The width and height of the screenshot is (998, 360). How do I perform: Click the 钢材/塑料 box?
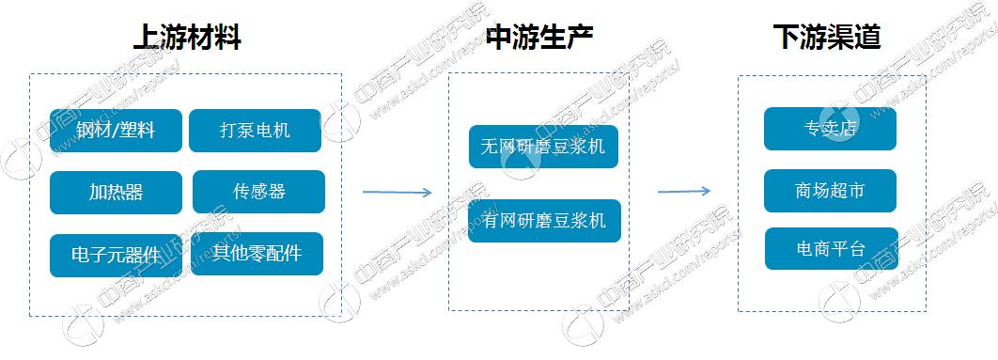[116, 131]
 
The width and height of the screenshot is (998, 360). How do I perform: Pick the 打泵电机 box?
[255, 131]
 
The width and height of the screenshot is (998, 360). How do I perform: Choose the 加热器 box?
[116, 192]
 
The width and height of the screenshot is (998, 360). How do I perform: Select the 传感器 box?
[258, 192]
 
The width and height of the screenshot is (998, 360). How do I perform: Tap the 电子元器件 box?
[116, 254]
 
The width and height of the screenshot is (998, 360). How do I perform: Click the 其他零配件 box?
[257, 253]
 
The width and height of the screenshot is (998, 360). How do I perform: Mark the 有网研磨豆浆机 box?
[543, 221]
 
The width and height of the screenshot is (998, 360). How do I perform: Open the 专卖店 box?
[830, 129]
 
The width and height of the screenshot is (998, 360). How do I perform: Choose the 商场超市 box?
[830, 191]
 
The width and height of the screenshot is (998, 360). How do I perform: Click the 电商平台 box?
[831, 249]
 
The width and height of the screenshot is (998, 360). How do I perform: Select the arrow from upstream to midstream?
[397, 193]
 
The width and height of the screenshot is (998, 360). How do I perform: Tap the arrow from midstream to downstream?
[683, 192]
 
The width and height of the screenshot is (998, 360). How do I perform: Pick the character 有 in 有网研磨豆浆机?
[489, 221]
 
